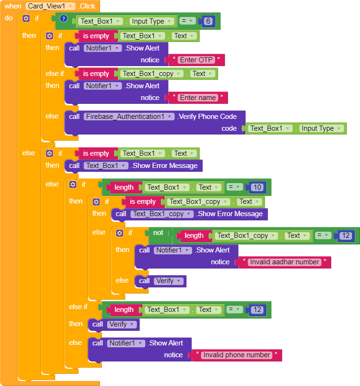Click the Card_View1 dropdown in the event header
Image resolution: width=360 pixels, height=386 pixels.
click(50, 6)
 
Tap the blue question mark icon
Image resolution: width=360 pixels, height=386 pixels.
click(64, 19)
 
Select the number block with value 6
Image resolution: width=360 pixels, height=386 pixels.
click(208, 21)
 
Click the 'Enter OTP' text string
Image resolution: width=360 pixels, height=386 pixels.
click(196, 60)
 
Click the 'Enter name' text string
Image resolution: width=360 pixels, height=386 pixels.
click(198, 98)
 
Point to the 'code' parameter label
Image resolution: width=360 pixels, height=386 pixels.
click(229, 128)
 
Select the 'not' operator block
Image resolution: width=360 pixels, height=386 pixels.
click(158, 233)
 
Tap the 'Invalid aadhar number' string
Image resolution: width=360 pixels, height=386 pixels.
click(285, 262)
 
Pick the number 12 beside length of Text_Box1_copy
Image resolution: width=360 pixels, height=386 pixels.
click(346, 235)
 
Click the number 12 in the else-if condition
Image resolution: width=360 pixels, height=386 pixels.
click(257, 310)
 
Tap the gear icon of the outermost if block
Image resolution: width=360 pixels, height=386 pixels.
click(26, 18)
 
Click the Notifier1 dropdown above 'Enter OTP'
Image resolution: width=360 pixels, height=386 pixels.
click(103, 48)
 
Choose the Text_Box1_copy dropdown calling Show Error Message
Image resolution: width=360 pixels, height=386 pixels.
click(161, 214)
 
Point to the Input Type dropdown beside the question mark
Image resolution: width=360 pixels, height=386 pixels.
click(151, 21)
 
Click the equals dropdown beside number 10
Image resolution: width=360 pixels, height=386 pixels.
click(232, 187)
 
